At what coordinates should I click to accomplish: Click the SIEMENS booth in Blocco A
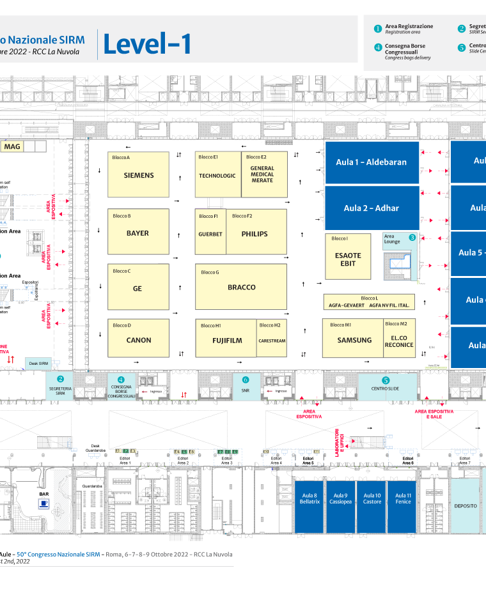click(139, 175)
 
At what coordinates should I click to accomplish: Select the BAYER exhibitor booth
click(137, 233)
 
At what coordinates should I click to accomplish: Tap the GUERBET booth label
click(210, 234)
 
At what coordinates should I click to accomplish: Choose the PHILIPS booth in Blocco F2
click(255, 234)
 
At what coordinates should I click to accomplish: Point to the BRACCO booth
click(241, 288)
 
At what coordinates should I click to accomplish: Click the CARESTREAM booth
click(272, 341)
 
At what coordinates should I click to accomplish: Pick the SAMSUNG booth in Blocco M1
click(354, 341)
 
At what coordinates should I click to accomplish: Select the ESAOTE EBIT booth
click(348, 259)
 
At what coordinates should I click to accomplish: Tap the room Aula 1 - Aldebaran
click(372, 162)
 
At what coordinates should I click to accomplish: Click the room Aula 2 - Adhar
click(372, 208)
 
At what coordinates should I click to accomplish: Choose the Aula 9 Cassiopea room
click(340, 498)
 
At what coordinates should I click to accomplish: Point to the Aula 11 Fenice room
click(403, 498)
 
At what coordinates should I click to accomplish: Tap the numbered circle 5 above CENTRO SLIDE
click(386, 380)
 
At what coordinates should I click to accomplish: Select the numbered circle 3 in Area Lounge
click(412, 237)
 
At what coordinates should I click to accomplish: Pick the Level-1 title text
click(148, 44)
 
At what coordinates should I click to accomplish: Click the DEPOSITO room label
click(466, 505)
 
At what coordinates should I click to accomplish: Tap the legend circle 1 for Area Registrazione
click(378, 29)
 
